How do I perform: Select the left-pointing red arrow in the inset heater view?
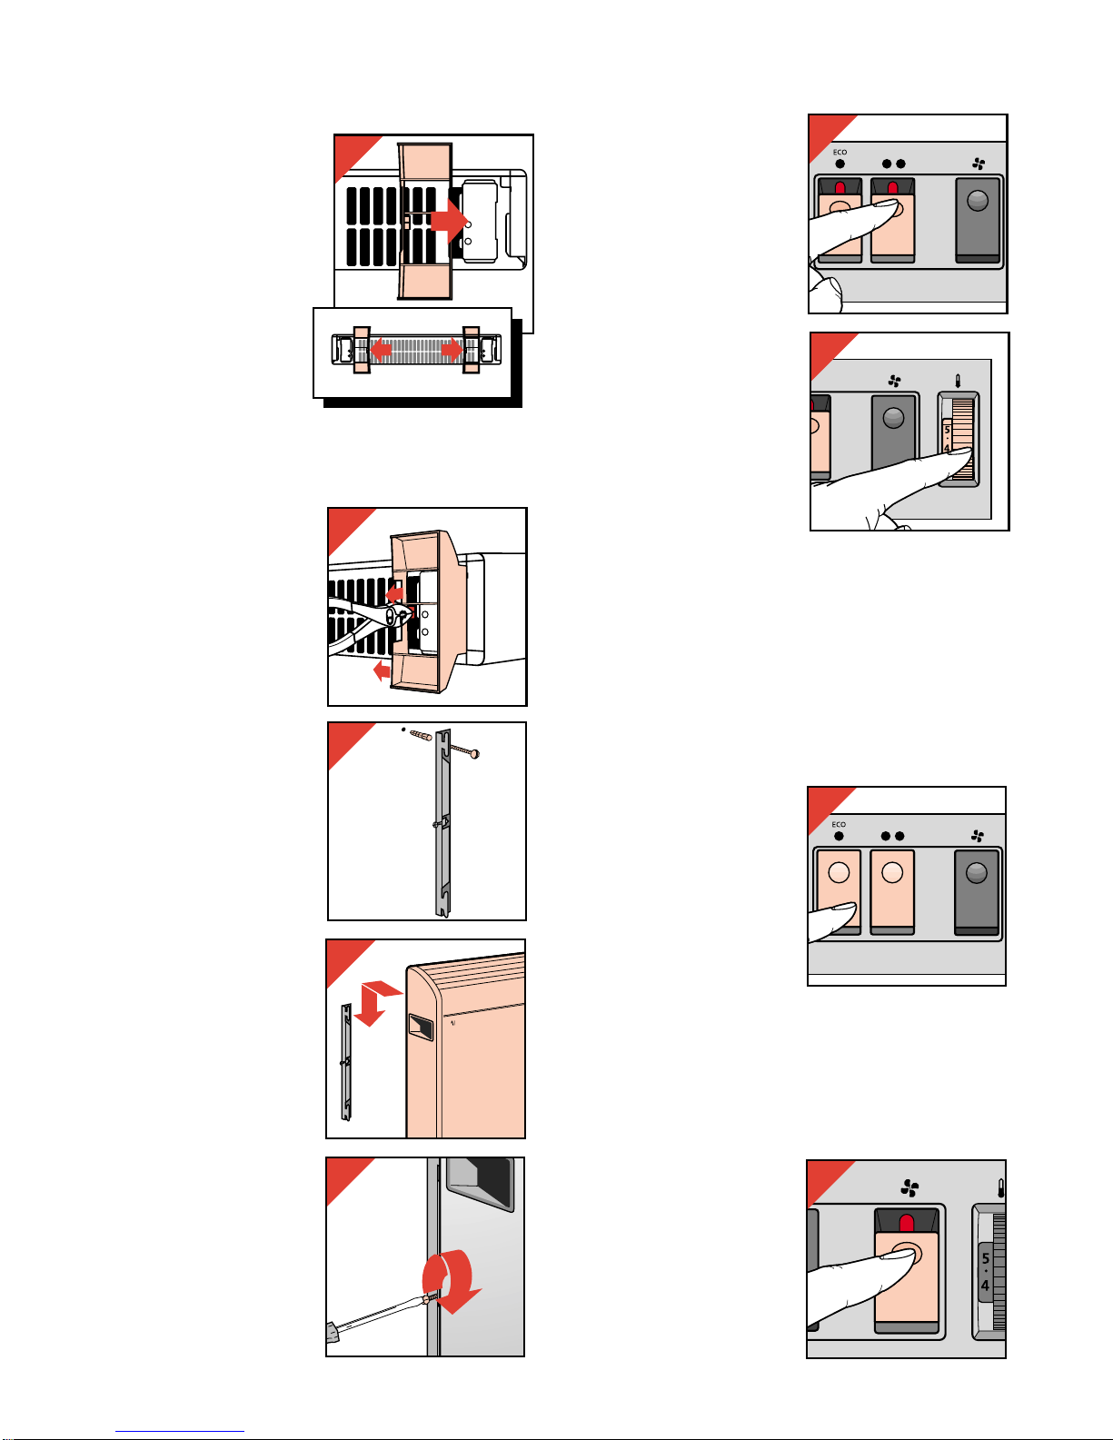381,349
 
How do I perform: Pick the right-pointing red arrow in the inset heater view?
452,349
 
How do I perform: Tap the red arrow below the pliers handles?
383,670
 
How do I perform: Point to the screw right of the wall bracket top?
464,750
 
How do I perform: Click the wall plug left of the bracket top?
421,735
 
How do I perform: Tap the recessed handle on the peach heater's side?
421,1027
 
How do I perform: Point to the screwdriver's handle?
333,1331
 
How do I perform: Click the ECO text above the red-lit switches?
840,153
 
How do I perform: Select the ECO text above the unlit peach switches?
839,824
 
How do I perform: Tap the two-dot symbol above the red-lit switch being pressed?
893,164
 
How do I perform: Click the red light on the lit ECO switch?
840,188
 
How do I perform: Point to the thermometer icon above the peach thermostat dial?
958,381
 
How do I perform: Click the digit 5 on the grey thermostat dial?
985,1258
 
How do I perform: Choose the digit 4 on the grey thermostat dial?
985,1286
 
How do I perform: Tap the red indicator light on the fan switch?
907,1223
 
